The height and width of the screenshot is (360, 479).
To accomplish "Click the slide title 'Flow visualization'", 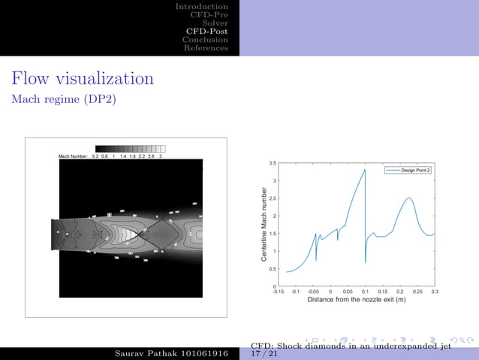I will click(x=83, y=78).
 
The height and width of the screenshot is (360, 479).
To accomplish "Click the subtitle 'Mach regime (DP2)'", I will click(x=64, y=99).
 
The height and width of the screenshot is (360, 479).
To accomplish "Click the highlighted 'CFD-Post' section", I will click(x=206, y=31).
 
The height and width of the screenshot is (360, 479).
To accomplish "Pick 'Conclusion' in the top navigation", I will click(x=205, y=39).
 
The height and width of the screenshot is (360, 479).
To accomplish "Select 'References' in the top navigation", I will click(x=206, y=48).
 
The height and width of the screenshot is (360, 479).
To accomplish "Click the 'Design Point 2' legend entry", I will click(x=415, y=171).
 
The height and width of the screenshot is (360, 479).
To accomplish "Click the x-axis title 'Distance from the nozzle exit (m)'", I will click(x=356, y=299).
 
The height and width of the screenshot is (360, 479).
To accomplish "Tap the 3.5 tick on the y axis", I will click(x=272, y=163).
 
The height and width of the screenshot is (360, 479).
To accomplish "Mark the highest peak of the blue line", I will click(x=365, y=170).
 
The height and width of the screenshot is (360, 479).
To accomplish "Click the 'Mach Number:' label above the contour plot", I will click(x=74, y=156).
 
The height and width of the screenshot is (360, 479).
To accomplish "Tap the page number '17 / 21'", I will click(x=264, y=353).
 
